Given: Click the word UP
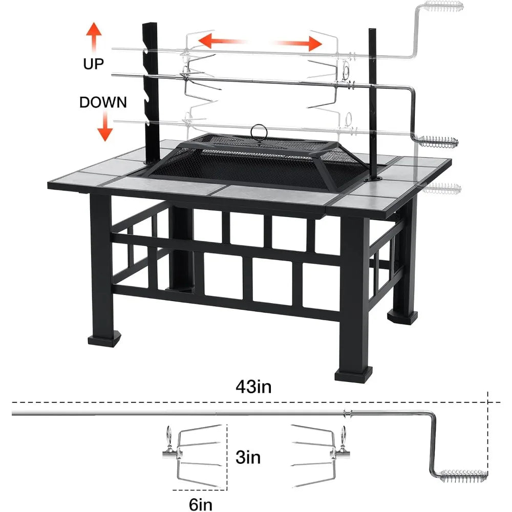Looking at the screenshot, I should [x=93, y=63].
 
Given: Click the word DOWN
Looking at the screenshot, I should [x=103, y=102].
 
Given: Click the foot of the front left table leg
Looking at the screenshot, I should [x=105, y=339].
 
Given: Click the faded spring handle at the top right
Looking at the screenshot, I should [x=443, y=7].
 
